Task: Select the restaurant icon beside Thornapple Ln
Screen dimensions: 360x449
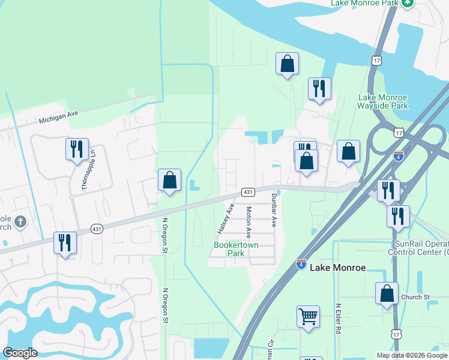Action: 77,149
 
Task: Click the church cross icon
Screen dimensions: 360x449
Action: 20,222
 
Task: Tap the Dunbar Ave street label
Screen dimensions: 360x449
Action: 273,209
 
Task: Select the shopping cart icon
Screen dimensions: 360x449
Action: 308,316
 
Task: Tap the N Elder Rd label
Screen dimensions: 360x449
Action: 339,319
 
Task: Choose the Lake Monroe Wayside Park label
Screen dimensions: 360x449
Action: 383,101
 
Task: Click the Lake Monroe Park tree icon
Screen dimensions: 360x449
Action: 408,3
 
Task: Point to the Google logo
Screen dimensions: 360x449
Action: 20,353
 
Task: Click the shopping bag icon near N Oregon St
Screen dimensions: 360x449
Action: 170,180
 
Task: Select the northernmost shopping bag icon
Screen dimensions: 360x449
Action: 288,64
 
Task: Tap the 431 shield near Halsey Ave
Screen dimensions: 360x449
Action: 249,192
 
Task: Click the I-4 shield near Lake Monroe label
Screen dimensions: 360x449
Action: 301,264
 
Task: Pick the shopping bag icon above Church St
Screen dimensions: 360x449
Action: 387,294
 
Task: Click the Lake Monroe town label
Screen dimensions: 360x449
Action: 337,268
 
